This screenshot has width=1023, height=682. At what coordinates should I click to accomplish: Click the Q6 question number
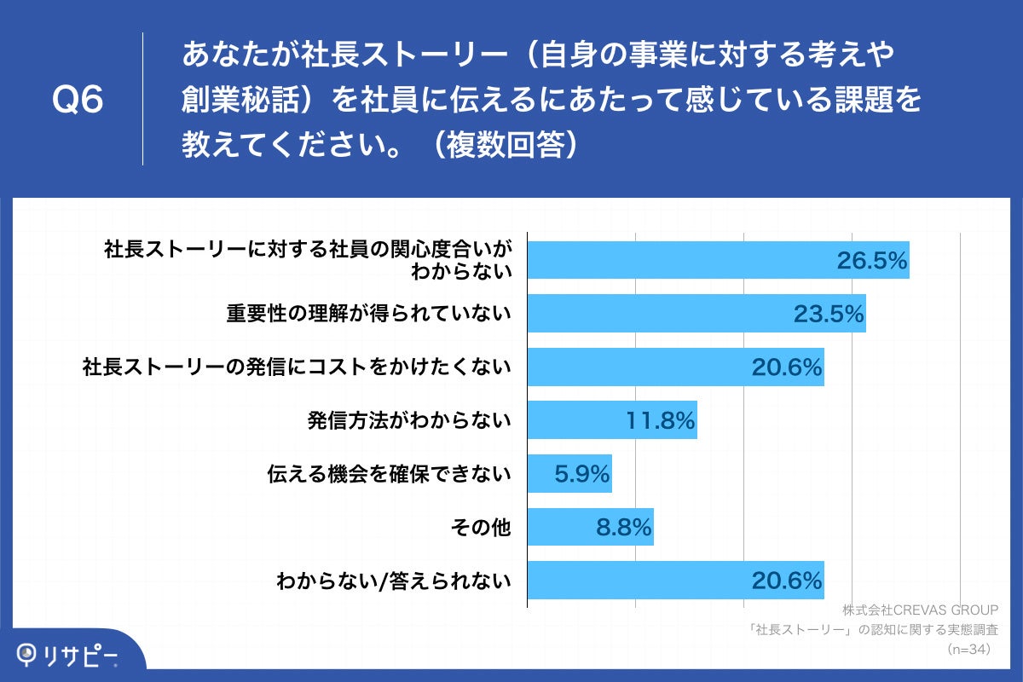(x=78, y=101)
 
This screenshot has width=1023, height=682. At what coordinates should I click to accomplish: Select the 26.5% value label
(x=870, y=261)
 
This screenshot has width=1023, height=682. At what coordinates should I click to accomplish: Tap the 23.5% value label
(x=829, y=315)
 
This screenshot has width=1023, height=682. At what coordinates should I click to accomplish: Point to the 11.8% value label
(x=661, y=420)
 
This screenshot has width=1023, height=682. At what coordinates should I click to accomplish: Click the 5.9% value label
(x=582, y=474)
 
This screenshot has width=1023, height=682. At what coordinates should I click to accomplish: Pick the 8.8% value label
(x=624, y=528)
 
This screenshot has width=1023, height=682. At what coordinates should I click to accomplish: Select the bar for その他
(x=590, y=528)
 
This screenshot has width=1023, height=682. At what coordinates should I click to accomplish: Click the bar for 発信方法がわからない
(x=612, y=420)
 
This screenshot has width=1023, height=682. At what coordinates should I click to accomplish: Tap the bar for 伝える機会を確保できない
(x=569, y=474)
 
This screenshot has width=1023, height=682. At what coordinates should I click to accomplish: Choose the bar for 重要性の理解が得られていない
(x=696, y=315)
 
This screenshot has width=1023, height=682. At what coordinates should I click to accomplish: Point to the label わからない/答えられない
(x=394, y=582)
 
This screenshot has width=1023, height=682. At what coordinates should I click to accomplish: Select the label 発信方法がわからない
(x=409, y=421)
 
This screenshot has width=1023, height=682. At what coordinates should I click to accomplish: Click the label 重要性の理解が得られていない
(x=368, y=315)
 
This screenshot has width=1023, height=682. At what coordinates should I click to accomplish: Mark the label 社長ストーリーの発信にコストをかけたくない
(x=297, y=367)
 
